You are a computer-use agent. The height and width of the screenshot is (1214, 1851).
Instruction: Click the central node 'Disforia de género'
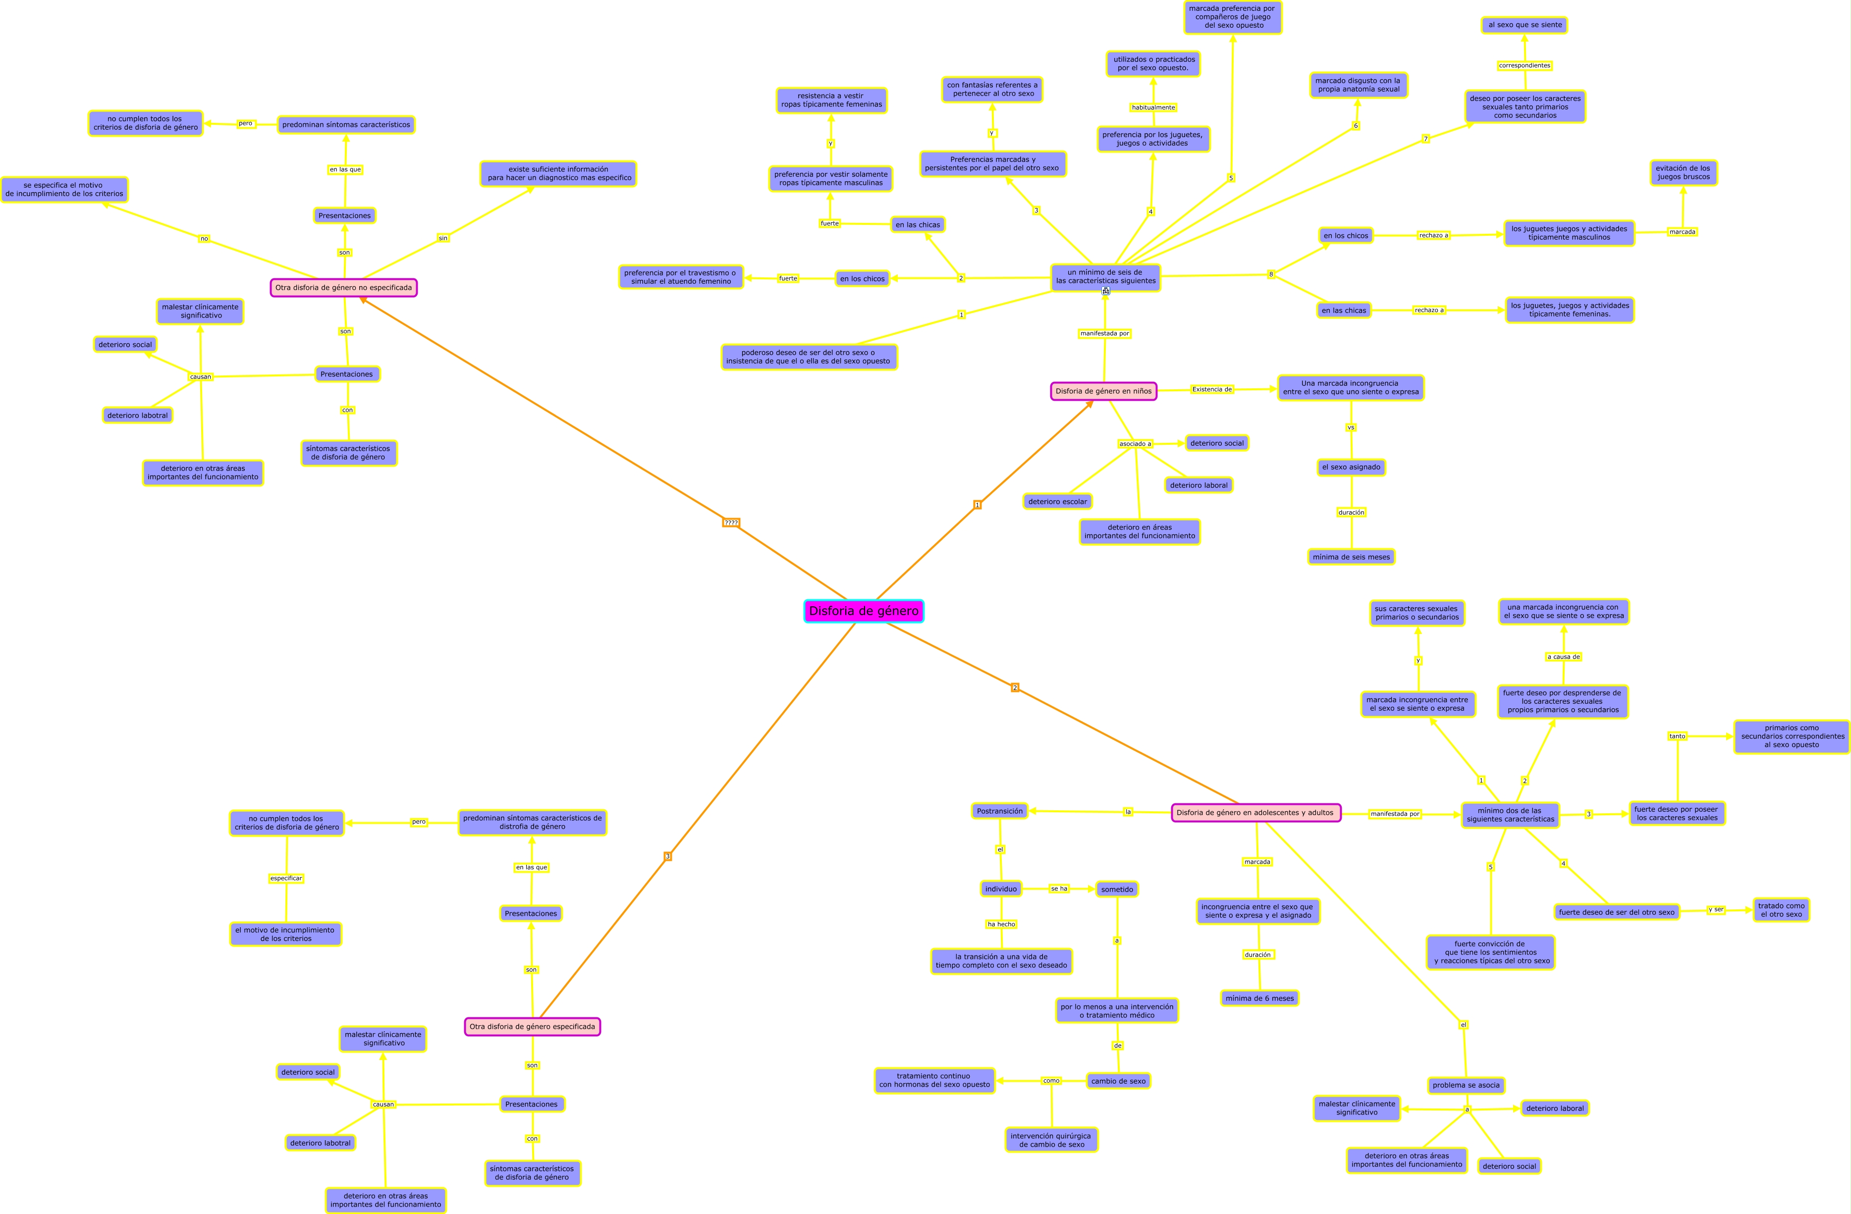tap(863, 611)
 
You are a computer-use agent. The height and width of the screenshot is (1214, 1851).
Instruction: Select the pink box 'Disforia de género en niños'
tap(1103, 391)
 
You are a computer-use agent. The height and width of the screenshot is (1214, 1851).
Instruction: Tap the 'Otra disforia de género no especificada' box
tap(344, 288)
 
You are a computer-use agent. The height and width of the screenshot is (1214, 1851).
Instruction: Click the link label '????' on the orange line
tap(731, 523)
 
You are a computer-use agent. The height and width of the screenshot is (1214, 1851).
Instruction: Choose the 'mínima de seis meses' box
tap(1351, 557)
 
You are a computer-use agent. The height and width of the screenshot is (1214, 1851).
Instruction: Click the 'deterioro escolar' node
tap(1058, 502)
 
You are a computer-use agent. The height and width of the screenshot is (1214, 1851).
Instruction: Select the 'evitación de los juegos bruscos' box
tap(1683, 173)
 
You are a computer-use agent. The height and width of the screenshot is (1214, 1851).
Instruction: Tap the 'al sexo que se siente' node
tap(1524, 25)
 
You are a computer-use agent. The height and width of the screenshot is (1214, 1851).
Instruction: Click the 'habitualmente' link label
tap(1153, 107)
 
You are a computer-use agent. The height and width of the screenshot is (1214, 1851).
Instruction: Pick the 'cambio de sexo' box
tap(1118, 1081)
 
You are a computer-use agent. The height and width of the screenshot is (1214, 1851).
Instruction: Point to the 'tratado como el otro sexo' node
tap(1781, 910)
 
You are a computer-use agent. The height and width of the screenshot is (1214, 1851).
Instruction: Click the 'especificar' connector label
tap(286, 878)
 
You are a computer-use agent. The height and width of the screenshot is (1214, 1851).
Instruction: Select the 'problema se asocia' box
tap(1466, 1085)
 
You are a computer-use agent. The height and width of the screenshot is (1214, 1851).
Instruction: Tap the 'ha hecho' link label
tap(1001, 924)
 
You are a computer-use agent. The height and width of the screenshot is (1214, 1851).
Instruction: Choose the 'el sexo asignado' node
tap(1351, 468)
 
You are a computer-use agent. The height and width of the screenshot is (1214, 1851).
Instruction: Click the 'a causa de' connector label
tap(1563, 656)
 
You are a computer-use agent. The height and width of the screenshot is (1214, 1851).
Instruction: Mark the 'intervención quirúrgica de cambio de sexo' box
tap(1051, 1140)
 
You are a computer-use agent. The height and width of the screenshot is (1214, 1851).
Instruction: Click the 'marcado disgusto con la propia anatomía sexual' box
tap(1358, 85)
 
